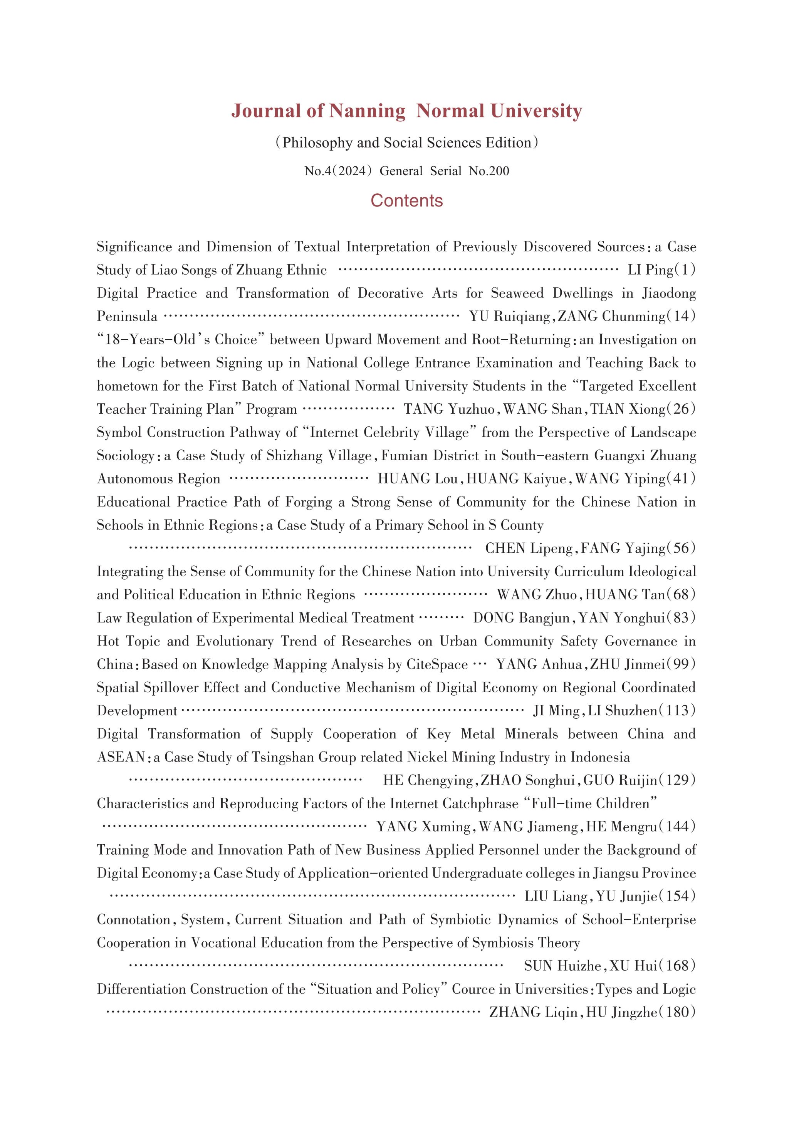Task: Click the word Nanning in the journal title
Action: click(367, 111)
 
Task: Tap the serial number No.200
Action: click(489, 171)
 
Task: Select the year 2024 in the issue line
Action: click(351, 171)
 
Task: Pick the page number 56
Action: click(681, 548)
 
